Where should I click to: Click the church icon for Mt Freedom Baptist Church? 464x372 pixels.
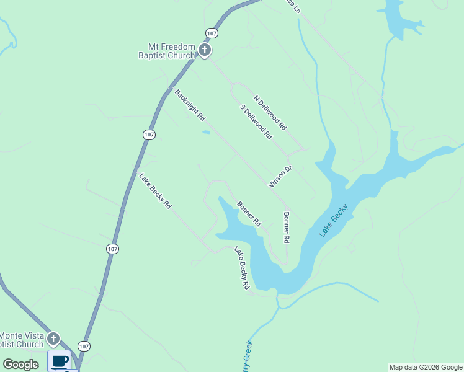205,50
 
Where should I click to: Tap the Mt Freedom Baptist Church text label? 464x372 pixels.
171,51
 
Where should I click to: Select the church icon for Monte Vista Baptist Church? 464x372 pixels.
53,339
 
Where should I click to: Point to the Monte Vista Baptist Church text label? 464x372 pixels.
22,340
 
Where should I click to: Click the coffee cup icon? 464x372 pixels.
60,360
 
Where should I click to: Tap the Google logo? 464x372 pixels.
21,365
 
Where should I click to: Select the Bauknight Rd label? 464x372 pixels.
190,105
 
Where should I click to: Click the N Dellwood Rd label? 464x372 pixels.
270,112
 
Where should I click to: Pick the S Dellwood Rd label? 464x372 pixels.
256,122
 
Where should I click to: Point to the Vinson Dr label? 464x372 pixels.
280,176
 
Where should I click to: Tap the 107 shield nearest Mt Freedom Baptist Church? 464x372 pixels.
212,32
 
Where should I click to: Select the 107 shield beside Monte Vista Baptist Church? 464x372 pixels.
85,345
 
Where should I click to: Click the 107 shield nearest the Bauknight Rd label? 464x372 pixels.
148,135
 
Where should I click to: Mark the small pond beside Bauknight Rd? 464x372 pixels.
205,132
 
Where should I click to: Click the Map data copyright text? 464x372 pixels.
426,367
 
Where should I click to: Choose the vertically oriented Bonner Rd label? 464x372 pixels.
287,228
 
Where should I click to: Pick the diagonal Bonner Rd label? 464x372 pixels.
249,213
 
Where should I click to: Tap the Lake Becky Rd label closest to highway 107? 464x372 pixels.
155,190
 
